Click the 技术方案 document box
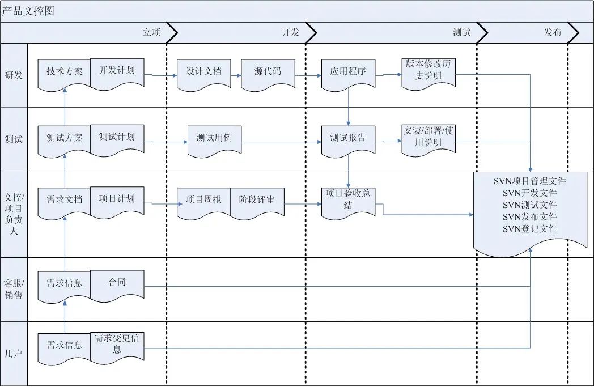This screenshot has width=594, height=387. click(64, 72)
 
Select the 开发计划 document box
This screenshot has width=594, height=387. click(117, 71)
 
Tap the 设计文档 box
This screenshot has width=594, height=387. click(203, 73)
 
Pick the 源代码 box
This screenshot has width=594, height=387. click(268, 73)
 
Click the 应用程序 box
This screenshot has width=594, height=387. click(348, 73)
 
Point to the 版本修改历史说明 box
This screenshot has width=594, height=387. click(428, 70)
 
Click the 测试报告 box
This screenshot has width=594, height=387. click(348, 138)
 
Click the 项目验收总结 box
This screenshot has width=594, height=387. click(348, 199)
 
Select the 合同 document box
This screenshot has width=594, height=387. click(117, 282)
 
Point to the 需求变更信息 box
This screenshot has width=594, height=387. click(117, 343)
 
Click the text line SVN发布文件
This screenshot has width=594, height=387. click(529, 217)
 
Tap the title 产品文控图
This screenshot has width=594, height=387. click(28, 11)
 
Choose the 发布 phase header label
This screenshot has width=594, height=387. click(553, 33)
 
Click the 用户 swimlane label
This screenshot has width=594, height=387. click(14, 354)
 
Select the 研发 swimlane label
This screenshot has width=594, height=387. click(14, 75)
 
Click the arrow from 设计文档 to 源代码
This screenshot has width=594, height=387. click(236, 74)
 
